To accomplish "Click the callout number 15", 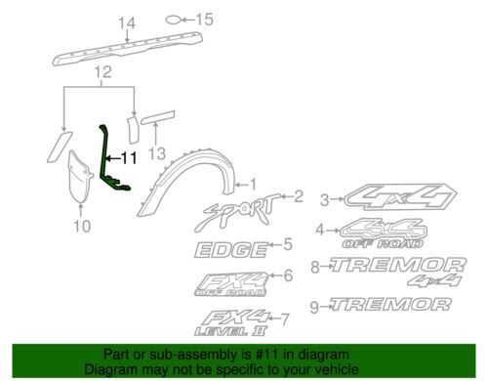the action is (204, 20).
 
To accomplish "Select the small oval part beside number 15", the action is (173, 20).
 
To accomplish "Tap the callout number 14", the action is (127, 23).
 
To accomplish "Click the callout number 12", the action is (103, 72).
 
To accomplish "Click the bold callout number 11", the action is (129, 158).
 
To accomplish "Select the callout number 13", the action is (157, 153).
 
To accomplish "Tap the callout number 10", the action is (82, 226).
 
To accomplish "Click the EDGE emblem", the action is (230, 250).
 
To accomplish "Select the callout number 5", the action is (288, 244).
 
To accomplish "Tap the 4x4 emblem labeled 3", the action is (400, 197).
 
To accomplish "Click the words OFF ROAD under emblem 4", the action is (383, 243).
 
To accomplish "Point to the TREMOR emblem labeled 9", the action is (390, 305).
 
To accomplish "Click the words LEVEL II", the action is (230, 331).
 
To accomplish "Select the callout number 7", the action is (284, 319).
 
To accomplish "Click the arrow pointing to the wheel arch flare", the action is (241, 186).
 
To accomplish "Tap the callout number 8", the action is (315, 268).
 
